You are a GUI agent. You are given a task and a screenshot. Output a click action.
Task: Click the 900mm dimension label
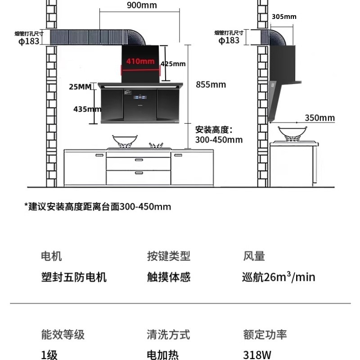[142, 5]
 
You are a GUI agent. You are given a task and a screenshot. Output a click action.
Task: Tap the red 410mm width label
[139, 61]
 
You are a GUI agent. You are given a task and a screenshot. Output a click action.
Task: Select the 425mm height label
[173, 64]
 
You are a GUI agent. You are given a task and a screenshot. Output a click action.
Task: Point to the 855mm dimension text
[211, 85]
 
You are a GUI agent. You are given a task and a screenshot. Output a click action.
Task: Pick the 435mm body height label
[87, 109]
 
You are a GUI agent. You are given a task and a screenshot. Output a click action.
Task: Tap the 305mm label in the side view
[284, 17]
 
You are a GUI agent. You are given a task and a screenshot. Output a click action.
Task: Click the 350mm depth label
[320, 118]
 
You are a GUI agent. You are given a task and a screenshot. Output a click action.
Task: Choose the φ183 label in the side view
[229, 40]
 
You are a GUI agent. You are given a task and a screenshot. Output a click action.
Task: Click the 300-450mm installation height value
[219, 140]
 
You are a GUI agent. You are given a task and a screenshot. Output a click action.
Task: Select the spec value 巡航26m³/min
[278, 276]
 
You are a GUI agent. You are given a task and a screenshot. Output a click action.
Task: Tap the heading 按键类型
[169, 256]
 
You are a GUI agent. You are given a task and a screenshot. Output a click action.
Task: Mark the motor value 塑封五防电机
[74, 276]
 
